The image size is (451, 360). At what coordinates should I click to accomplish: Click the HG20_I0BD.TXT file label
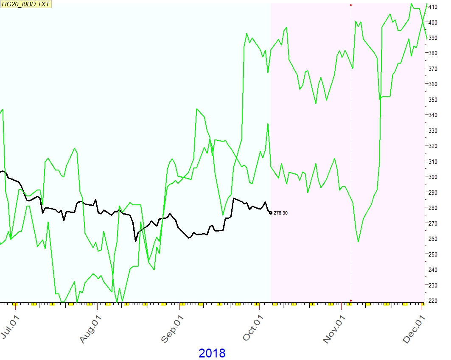(x=25, y=3)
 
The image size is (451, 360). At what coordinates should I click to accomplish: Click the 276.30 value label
(x=280, y=213)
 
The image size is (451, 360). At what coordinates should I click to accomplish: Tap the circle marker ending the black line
(x=271, y=213)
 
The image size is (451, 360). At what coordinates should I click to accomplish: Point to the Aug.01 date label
(x=91, y=327)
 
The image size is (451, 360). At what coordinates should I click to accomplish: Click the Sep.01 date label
(x=172, y=327)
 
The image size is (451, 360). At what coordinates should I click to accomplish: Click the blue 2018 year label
(x=212, y=353)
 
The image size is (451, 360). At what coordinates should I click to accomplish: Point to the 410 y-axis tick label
(x=433, y=7)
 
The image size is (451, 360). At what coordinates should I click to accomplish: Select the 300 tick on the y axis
(x=433, y=177)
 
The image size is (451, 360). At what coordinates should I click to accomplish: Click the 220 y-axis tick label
(x=433, y=301)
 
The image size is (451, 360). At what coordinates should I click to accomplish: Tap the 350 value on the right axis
(x=433, y=100)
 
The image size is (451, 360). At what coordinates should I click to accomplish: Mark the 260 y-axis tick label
(x=433, y=239)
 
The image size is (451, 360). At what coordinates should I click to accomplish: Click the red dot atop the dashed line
(x=351, y=5)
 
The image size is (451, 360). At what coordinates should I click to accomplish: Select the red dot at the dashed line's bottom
(x=351, y=301)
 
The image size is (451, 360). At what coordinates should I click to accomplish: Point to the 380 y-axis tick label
(x=433, y=53)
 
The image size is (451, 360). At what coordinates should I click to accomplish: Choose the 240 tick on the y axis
(x=433, y=270)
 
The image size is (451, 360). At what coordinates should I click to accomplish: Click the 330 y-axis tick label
(x=433, y=131)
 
